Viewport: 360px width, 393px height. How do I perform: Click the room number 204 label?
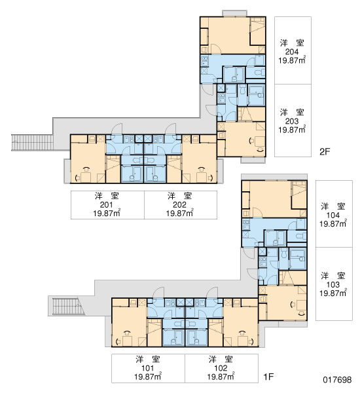tap(292, 52)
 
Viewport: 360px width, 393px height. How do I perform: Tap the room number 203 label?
tap(292, 121)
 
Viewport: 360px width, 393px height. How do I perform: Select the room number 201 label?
tap(106, 205)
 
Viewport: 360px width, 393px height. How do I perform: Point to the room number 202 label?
tap(179, 205)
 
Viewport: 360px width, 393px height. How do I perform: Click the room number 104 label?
tap(333, 215)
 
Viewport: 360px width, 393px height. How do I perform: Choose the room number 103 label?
tap(333, 285)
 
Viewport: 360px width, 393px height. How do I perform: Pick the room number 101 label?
tap(147, 368)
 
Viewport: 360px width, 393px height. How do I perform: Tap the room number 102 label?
tap(221, 368)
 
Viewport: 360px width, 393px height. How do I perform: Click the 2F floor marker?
tap(325, 152)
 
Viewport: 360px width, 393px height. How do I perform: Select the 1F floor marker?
tap(268, 377)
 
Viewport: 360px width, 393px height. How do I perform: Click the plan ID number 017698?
tap(337, 380)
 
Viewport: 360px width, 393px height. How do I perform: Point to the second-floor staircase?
tap(32, 143)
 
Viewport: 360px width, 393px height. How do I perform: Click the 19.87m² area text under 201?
tap(107, 213)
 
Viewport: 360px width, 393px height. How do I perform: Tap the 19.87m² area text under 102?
tap(221, 377)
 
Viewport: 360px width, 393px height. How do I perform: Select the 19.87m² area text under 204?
tap(292, 60)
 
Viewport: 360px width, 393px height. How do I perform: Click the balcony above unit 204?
tap(234, 13)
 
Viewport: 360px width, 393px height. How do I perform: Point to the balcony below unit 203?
tap(253, 160)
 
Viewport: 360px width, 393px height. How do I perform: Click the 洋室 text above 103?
tap(333, 276)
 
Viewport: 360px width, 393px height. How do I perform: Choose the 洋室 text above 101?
tap(148, 359)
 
